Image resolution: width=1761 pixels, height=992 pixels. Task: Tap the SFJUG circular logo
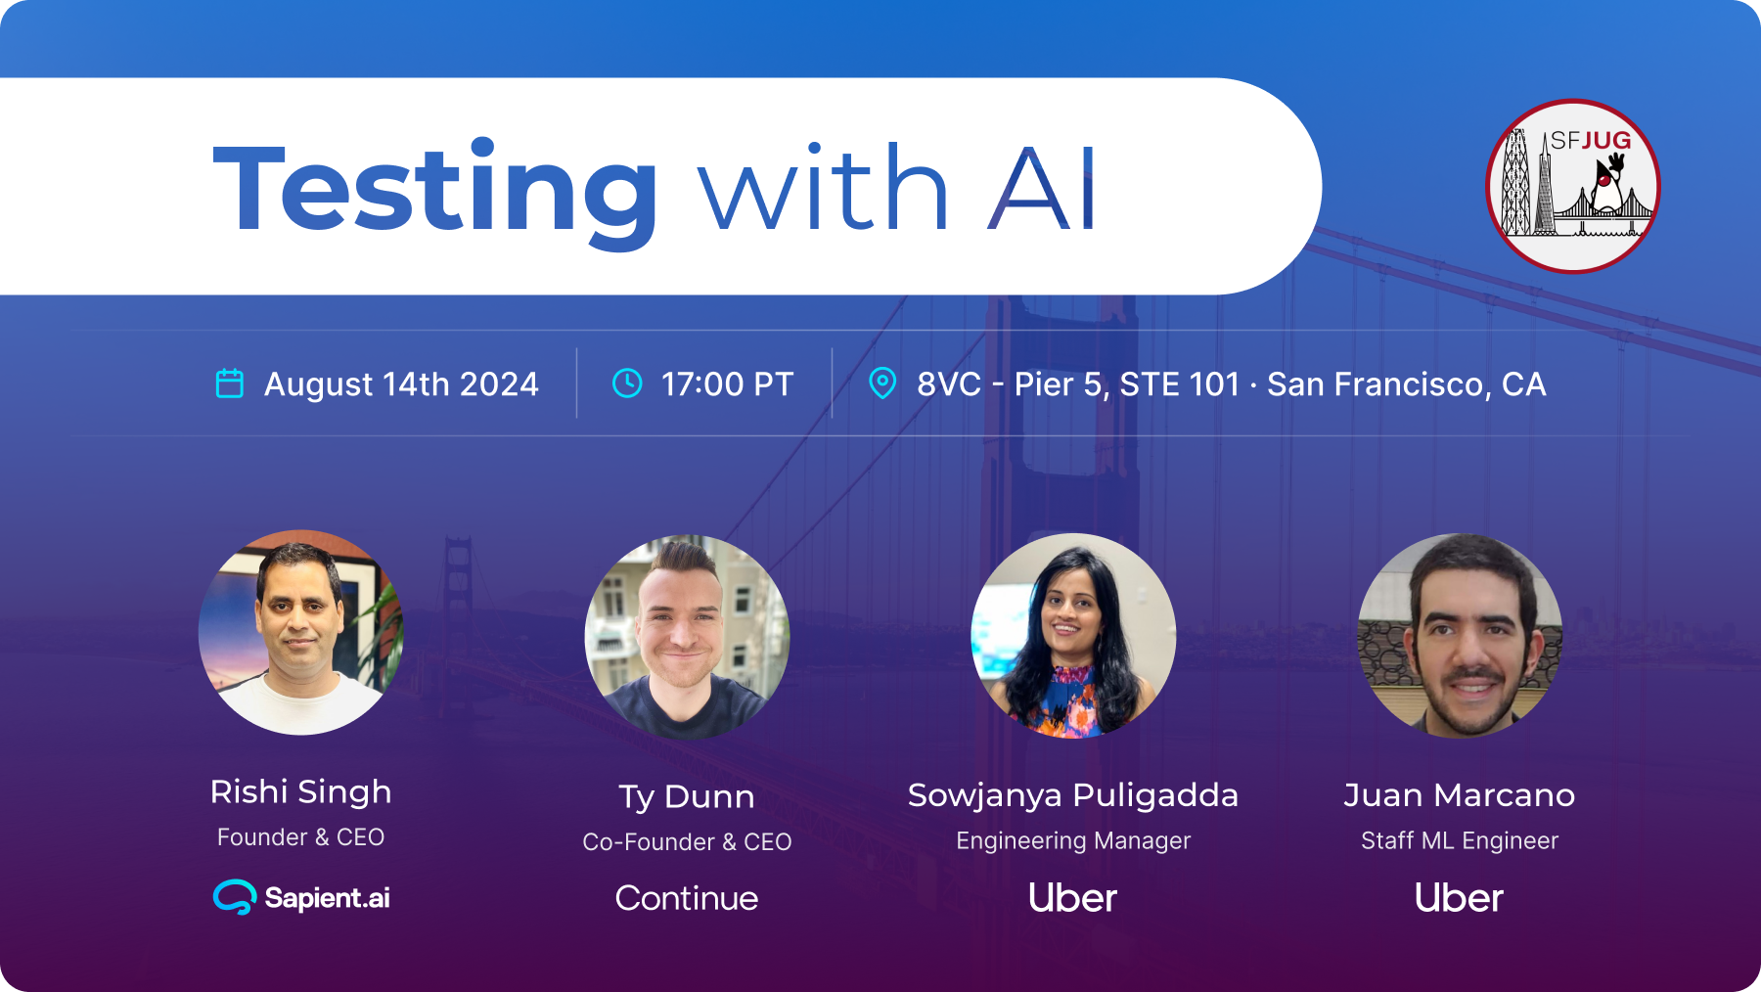tap(1573, 186)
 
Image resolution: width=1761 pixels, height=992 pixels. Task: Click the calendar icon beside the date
tap(230, 383)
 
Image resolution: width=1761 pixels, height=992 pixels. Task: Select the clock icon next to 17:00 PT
tap(627, 383)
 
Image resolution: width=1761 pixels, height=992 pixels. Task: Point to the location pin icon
tap(882, 383)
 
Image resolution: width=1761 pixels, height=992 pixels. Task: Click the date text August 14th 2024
tap(401, 384)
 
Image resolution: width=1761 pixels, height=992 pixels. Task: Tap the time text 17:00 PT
tap(727, 384)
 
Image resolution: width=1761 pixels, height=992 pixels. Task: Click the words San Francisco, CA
tap(1407, 384)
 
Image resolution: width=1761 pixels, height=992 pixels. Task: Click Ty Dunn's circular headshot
tap(687, 637)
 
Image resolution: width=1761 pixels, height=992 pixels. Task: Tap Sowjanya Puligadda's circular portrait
tap(1073, 636)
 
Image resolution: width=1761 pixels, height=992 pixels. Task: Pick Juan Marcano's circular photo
tap(1460, 636)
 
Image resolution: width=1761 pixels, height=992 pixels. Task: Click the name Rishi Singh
tap(301, 791)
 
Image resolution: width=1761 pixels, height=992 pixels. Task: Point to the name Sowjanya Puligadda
tap(1073, 795)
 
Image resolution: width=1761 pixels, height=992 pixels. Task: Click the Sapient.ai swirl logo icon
tap(235, 897)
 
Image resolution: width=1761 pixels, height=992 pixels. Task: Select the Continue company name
tap(687, 898)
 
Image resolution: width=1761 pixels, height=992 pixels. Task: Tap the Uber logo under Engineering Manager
tap(1073, 898)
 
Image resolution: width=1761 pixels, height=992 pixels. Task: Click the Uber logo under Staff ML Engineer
tap(1460, 898)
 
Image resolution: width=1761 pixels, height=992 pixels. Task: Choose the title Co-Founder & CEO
tap(687, 842)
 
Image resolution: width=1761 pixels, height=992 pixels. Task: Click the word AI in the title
tap(1042, 189)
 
